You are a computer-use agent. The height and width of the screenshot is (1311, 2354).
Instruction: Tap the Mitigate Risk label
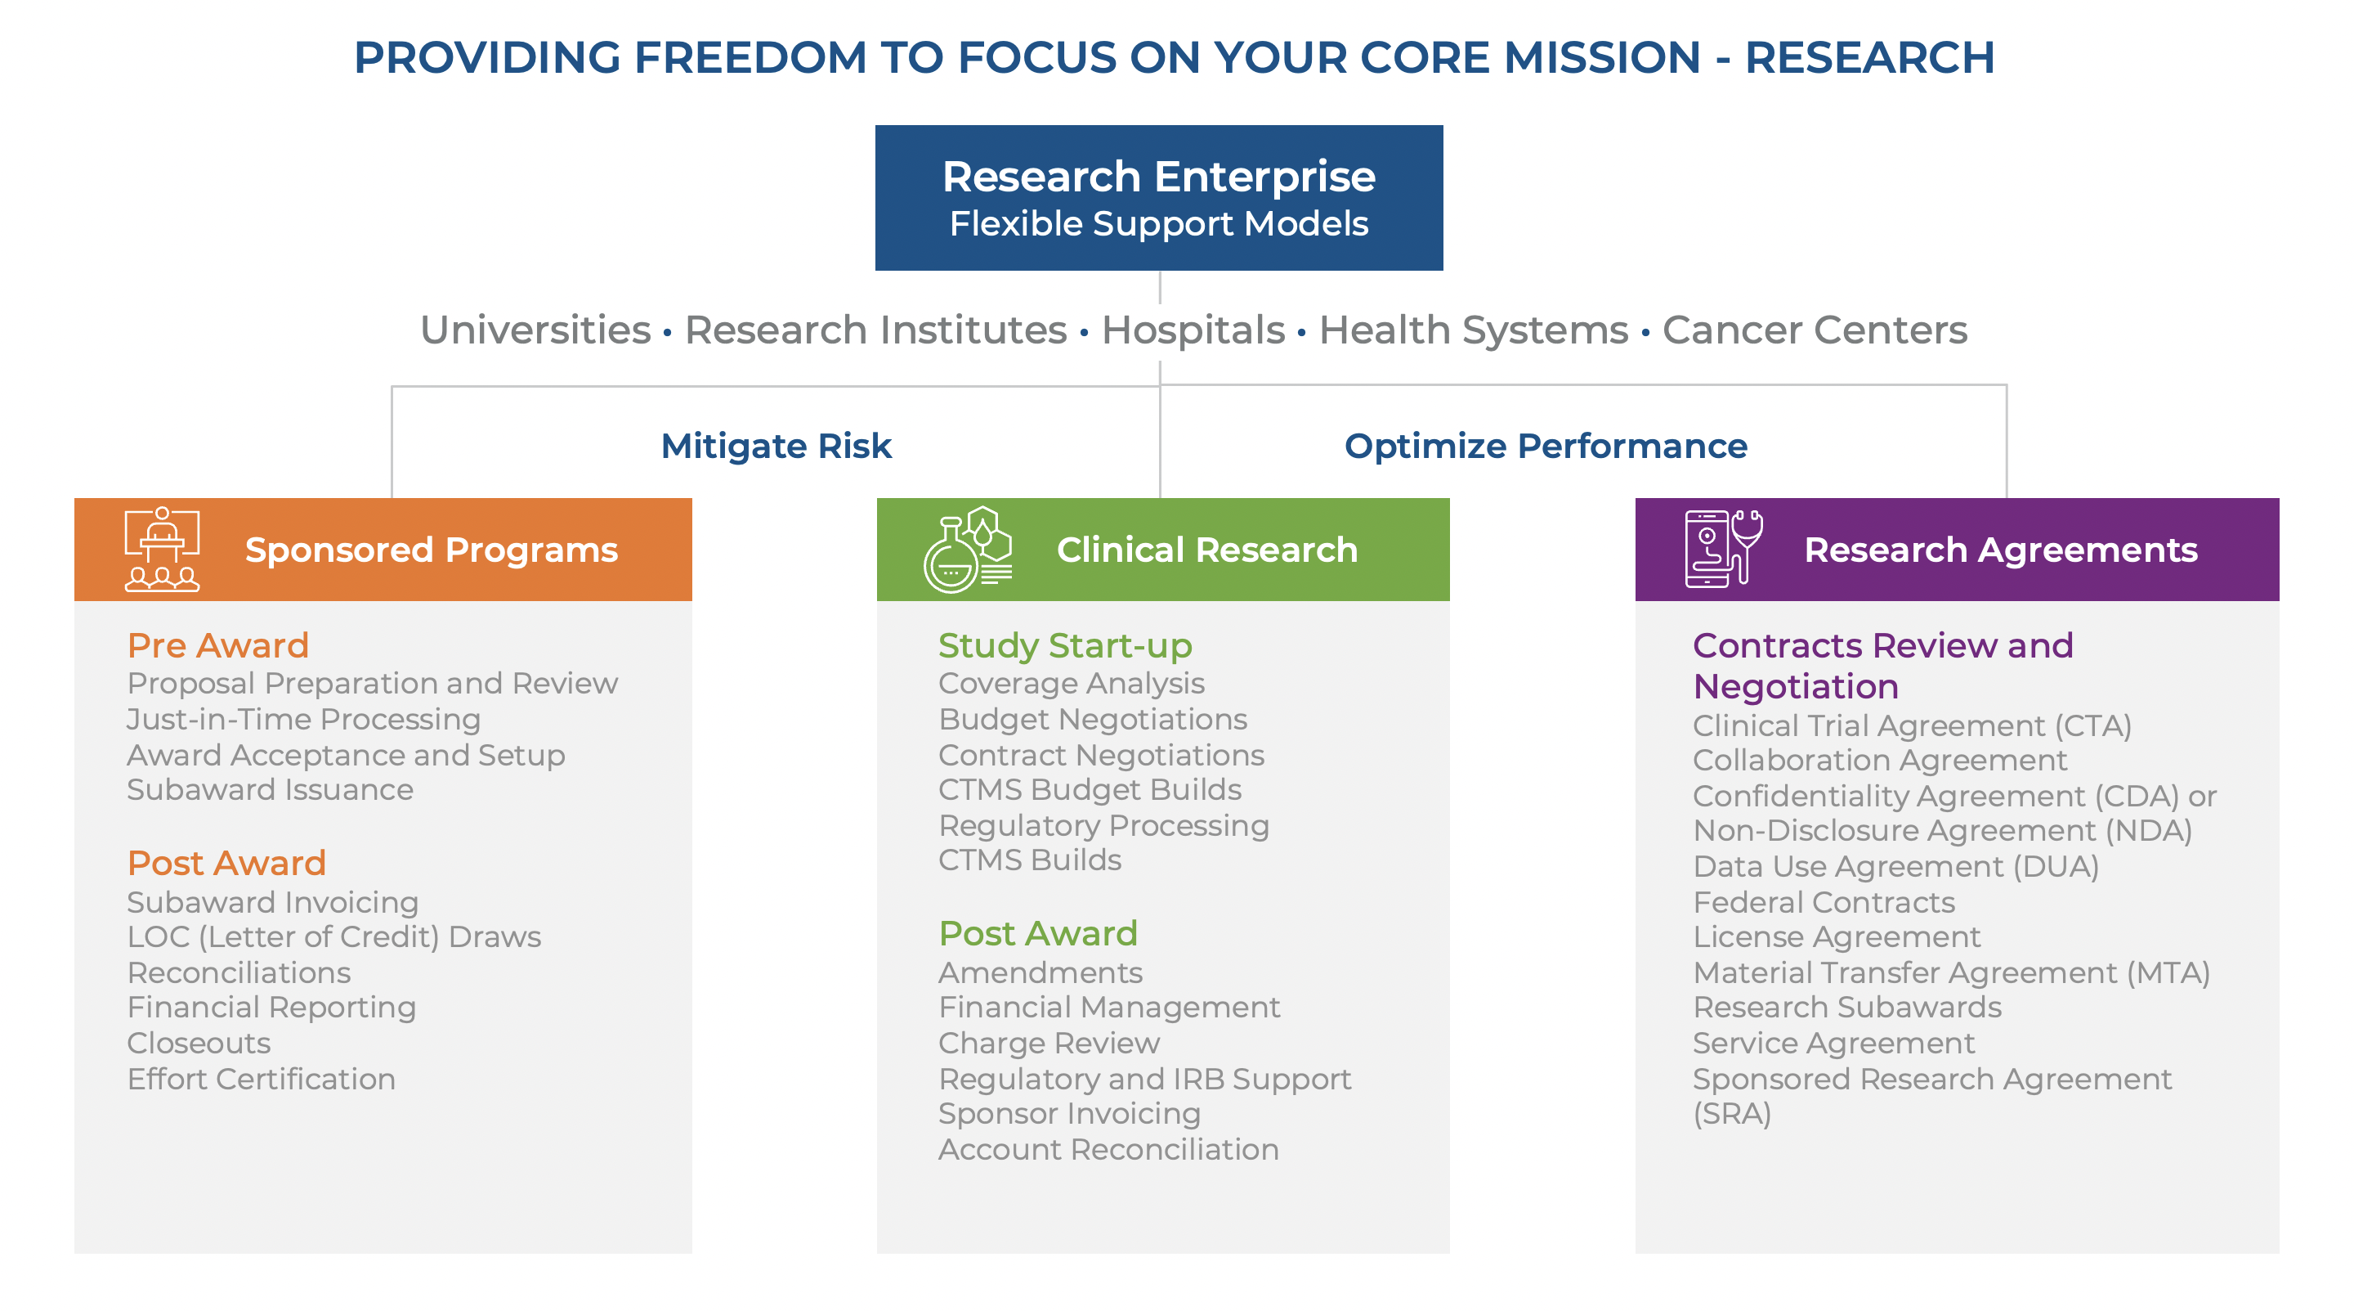(776, 447)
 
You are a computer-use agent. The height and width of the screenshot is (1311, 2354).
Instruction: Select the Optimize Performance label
(1546, 447)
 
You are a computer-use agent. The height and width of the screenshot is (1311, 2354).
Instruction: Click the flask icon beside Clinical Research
(967, 550)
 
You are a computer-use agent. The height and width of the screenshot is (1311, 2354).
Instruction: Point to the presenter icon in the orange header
(162, 550)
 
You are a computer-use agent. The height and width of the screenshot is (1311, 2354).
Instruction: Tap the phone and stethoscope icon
(1722, 549)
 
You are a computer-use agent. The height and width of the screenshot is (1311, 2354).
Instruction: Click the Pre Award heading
(218, 645)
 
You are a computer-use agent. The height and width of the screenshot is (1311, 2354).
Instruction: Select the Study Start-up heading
(1064, 645)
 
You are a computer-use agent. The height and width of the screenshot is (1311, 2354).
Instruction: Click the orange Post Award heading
(226, 863)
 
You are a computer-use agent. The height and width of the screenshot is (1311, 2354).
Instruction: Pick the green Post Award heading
(1038, 933)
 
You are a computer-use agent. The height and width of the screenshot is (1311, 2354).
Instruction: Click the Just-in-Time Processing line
(303, 720)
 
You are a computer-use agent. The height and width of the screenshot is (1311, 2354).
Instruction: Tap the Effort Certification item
(262, 1079)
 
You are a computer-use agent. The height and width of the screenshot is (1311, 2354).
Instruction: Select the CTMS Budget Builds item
(1090, 790)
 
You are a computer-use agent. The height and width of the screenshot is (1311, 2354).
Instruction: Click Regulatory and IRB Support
(1144, 1079)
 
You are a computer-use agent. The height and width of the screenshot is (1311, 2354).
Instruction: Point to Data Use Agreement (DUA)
(1895, 866)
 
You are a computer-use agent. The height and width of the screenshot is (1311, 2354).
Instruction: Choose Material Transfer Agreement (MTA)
(1951, 972)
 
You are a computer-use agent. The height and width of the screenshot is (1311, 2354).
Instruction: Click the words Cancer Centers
(1814, 330)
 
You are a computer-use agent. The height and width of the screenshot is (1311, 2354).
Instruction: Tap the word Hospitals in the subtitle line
(1193, 330)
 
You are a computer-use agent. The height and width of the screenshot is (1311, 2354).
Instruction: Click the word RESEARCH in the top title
(1869, 57)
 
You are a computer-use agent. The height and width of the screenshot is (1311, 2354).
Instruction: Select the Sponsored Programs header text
(432, 550)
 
